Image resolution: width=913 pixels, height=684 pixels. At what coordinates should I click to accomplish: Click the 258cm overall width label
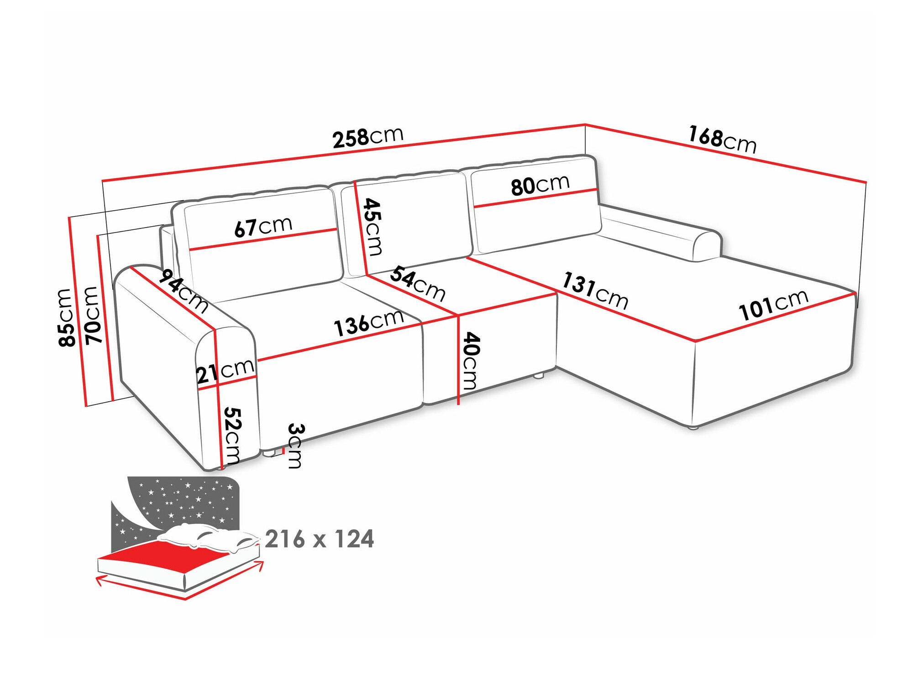coord(368,137)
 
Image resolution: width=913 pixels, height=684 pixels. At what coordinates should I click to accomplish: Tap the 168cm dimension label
coord(722,140)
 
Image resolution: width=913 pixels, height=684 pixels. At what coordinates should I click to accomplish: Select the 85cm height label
coord(66,317)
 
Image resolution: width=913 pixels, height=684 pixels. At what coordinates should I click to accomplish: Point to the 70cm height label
coord(93,315)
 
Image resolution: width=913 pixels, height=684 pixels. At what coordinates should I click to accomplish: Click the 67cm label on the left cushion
coord(263,227)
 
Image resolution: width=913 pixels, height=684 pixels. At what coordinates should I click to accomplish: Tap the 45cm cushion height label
coord(373,227)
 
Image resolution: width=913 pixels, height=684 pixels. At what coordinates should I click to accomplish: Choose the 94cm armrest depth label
coord(185,291)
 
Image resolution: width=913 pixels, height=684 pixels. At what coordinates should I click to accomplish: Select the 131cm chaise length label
coord(595,290)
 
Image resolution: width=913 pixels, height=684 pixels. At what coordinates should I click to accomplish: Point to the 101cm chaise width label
coord(773,305)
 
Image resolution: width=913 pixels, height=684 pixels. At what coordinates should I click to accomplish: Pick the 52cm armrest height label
coord(232,435)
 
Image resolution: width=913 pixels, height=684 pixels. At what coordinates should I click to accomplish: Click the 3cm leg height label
coord(295,446)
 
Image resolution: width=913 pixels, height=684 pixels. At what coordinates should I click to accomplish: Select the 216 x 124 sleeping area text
coord(319,539)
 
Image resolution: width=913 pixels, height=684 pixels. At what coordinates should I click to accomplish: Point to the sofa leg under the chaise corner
coord(693,428)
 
